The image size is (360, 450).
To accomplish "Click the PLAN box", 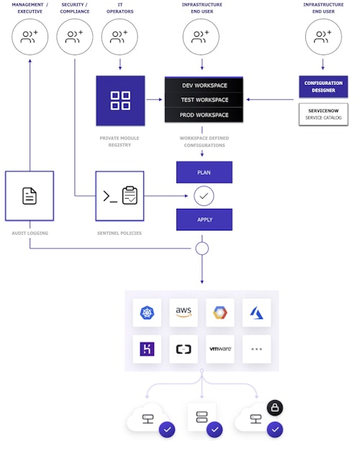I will [x=204, y=172].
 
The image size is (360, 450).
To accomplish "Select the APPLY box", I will [x=204, y=220].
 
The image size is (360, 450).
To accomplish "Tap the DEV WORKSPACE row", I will [x=204, y=85].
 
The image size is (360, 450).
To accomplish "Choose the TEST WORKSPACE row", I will [x=204, y=100].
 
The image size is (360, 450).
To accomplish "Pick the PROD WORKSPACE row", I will [x=204, y=115].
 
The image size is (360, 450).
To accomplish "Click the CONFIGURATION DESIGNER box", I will [x=323, y=87].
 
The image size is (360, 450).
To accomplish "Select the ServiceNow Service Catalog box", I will [x=323, y=114].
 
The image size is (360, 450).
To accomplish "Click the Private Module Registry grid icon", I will [x=120, y=101].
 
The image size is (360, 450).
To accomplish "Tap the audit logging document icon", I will [x=30, y=196].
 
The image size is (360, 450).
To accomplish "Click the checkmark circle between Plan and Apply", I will [x=204, y=196].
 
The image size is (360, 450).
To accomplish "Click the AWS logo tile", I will [x=183, y=312].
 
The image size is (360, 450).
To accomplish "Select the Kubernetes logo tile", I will [x=147, y=312].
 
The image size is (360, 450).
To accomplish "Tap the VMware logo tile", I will [x=220, y=349].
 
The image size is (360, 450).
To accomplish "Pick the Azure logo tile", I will [x=256, y=312].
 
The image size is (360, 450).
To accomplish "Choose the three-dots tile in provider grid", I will [x=256, y=349].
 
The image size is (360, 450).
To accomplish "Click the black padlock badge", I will [x=275, y=408].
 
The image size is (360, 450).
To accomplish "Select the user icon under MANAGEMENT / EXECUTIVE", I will [x=30, y=37].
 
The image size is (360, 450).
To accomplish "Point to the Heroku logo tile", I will [x=147, y=349].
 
